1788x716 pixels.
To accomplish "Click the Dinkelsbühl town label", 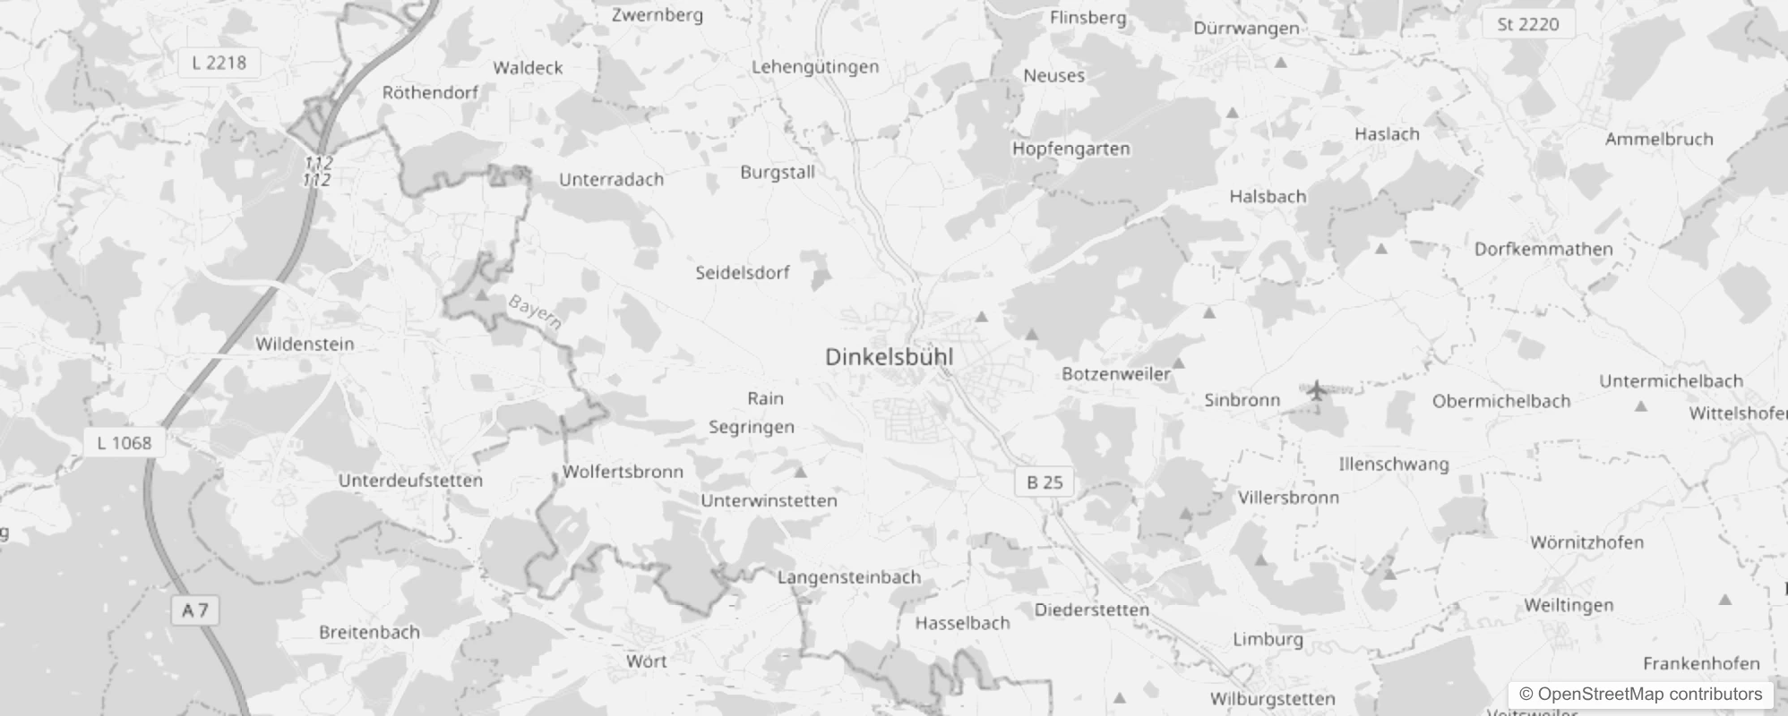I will pos(889,357).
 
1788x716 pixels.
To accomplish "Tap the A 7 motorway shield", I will pos(194,611).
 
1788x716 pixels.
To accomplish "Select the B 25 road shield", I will pos(1044,482).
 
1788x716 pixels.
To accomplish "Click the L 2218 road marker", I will pos(219,63).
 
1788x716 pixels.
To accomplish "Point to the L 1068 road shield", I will pos(124,443).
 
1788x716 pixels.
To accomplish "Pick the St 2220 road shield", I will pos(1527,25).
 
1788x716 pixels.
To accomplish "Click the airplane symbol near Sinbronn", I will pos(1316,391).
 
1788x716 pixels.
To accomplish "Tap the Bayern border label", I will pos(535,312).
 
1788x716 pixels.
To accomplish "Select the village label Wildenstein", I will pos(305,345).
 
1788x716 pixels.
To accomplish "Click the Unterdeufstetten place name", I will pos(410,481).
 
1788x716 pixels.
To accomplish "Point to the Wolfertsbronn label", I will pos(623,472).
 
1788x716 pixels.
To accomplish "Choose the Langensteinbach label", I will pos(848,577).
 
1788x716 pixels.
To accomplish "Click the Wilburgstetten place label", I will pos(1272,699).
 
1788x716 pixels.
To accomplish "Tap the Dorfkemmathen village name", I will pos(1543,250).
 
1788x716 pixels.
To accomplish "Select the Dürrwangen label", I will pos(1245,29).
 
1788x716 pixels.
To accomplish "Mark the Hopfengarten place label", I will pos(1070,149).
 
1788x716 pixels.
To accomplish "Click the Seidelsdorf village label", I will pos(743,273).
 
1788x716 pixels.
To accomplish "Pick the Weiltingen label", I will pos(1569,606).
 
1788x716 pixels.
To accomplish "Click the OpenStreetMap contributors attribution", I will pos(1640,695).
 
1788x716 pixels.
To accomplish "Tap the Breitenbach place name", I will pos(369,633).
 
